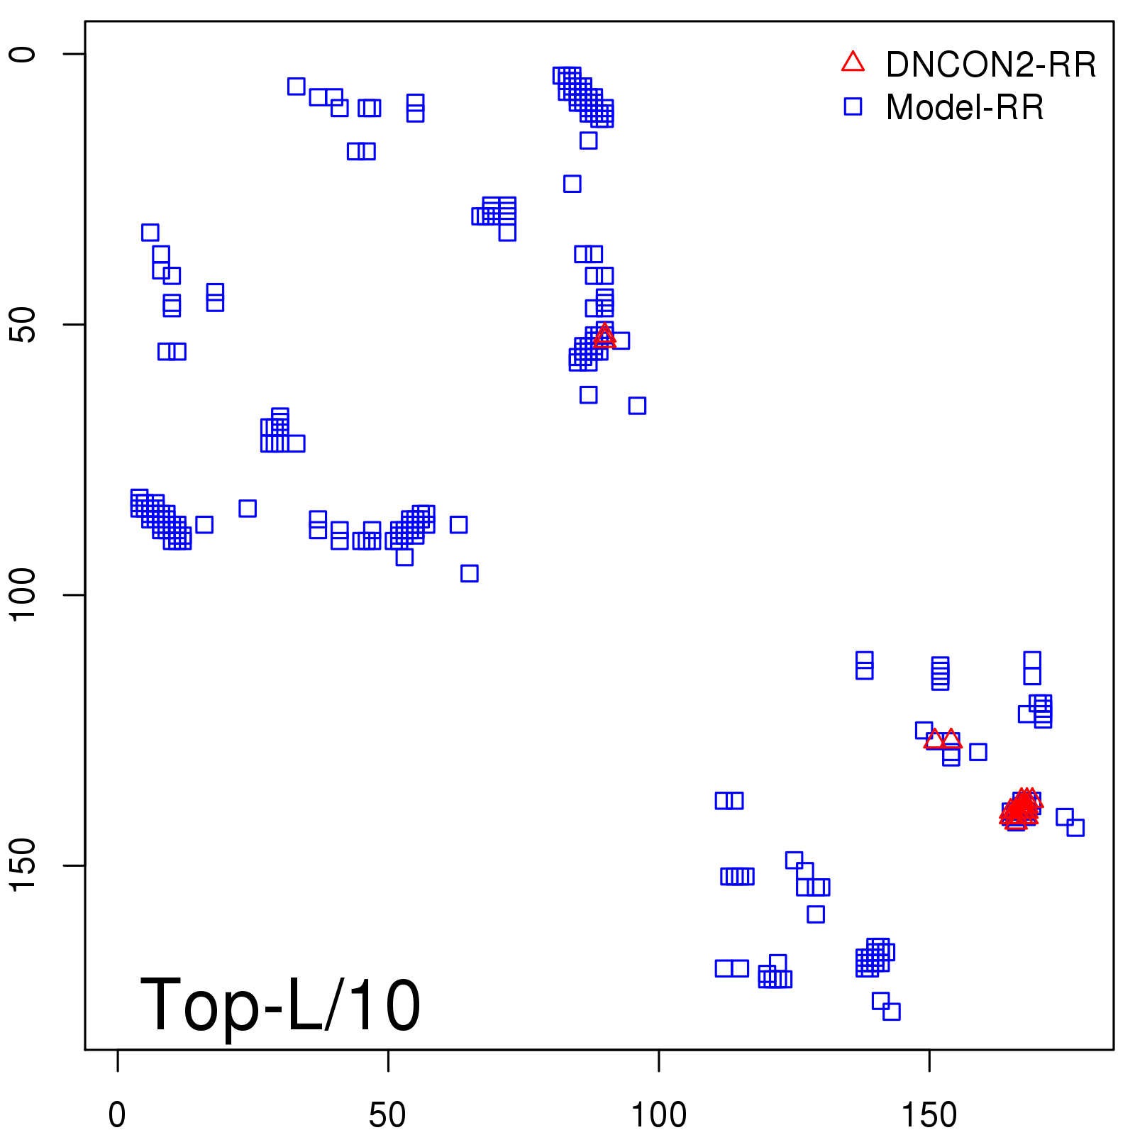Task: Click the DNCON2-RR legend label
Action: pyautogui.click(x=990, y=65)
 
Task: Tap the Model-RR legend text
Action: pyautogui.click(x=965, y=108)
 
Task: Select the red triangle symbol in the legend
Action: pyautogui.click(x=853, y=62)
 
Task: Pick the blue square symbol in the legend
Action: pyautogui.click(x=853, y=106)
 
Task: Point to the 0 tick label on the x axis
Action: pyautogui.click(x=117, y=1115)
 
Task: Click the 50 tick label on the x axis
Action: pyautogui.click(x=387, y=1115)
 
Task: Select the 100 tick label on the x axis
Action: pyautogui.click(x=658, y=1115)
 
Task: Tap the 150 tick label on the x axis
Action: pyautogui.click(x=929, y=1115)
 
